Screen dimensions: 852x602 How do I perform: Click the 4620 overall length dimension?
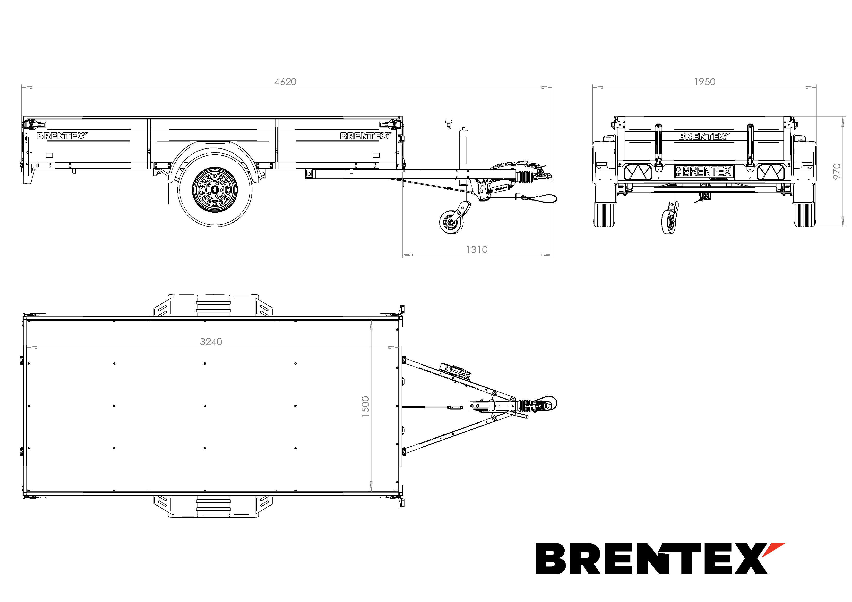click(x=285, y=82)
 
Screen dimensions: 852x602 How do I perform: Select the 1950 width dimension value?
click(x=705, y=82)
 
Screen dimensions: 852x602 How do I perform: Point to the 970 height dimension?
click(x=837, y=172)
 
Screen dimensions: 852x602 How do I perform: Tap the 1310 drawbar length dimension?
click(x=477, y=250)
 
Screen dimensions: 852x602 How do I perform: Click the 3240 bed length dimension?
click(x=211, y=342)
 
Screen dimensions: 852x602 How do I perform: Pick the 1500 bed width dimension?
click(x=366, y=407)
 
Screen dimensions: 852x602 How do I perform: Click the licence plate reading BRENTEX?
click(x=704, y=172)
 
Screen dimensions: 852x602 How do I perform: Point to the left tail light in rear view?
click(x=638, y=172)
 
